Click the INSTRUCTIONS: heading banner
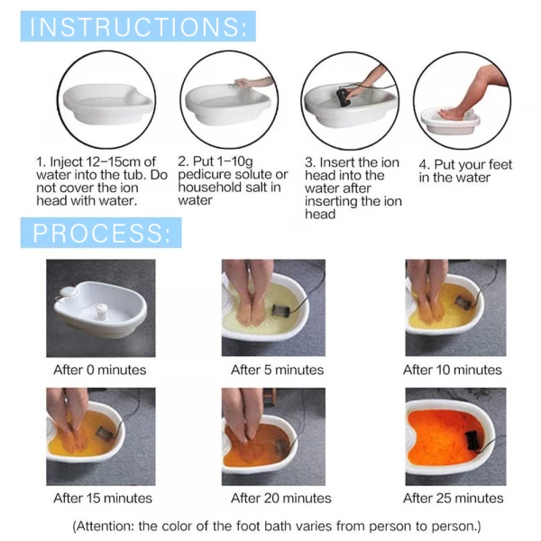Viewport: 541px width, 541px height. click(x=139, y=27)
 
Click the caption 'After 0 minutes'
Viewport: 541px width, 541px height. click(x=99, y=370)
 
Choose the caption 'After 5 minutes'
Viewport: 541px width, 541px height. click(x=277, y=370)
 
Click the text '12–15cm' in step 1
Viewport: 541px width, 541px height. click(x=112, y=163)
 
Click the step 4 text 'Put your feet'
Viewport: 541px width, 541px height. click(x=465, y=165)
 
